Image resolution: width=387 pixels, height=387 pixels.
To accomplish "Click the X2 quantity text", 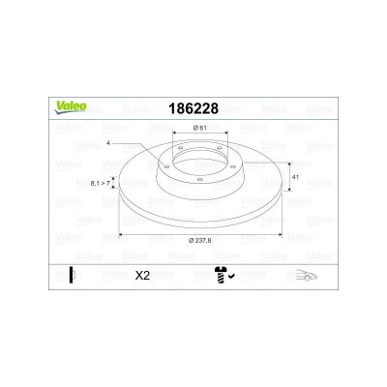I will click(140, 275).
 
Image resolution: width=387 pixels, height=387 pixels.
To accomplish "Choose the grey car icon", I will click(307, 275).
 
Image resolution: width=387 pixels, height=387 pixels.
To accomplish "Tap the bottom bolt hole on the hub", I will click(197, 179).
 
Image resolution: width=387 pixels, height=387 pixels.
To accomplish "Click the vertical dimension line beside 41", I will click(287, 178).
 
